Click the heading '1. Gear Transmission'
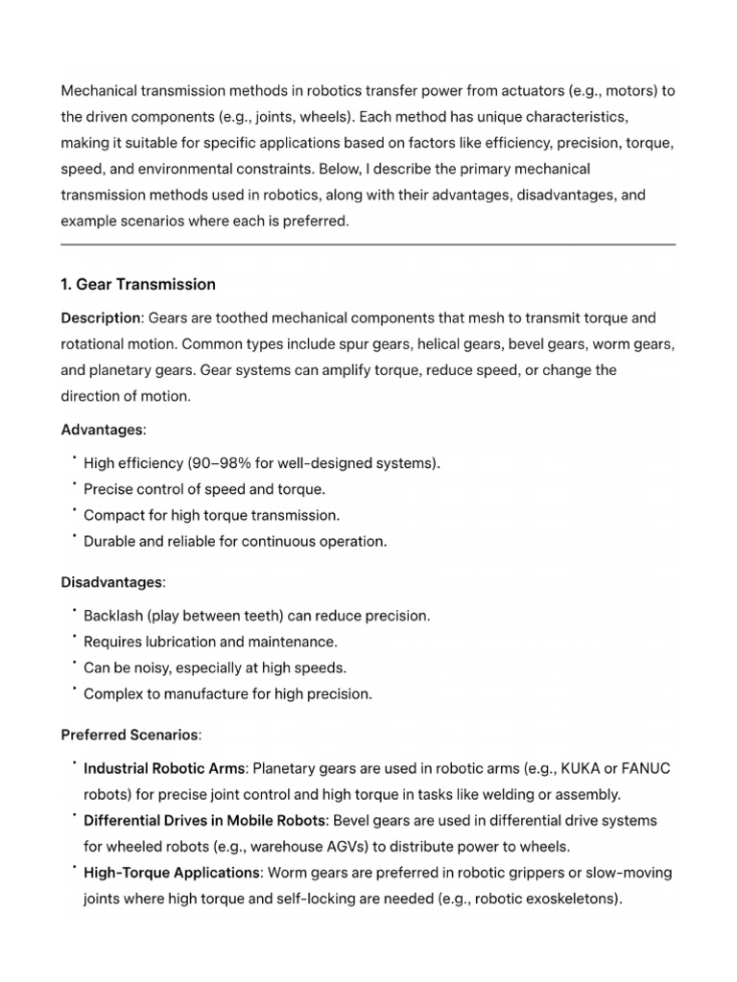[x=138, y=285]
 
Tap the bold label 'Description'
[x=101, y=317]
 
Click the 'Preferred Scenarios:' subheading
[x=131, y=736]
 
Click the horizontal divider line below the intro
[x=368, y=245]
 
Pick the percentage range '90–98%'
[x=213, y=463]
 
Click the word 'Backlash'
[x=113, y=616]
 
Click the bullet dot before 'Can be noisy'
[x=73, y=664]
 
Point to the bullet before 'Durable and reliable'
[x=73, y=537]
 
